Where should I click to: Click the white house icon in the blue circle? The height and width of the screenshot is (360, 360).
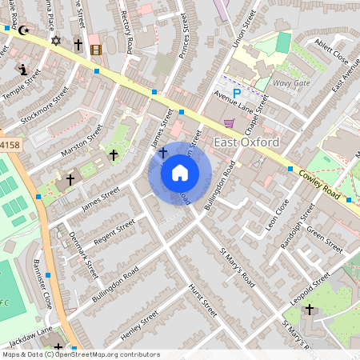tap(180, 173)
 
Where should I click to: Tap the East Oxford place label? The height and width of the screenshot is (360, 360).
tap(247, 142)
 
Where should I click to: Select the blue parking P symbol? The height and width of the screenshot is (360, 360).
tap(236, 94)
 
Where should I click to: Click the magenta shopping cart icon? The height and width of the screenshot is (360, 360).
tap(230, 122)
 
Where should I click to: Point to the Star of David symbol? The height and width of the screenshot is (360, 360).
tap(55, 40)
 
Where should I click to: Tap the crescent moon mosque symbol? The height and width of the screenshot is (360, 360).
tap(24, 30)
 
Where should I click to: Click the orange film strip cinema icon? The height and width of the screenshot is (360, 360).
tap(96, 50)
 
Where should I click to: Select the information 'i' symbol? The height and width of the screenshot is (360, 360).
tap(23, 69)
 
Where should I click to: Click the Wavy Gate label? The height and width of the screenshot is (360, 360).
tap(290, 82)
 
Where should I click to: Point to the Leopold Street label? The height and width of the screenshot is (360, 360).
tap(310, 286)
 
